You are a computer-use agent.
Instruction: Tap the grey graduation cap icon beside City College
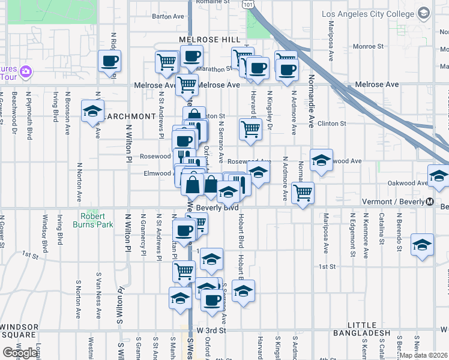coord(424,13)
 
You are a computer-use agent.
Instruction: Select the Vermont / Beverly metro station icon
coord(430,202)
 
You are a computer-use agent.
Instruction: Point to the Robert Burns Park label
coord(92,220)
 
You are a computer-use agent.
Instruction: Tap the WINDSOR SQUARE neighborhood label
coord(19,331)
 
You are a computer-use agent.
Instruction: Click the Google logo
coord(20,353)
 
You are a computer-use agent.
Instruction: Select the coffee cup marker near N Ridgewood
coord(109,61)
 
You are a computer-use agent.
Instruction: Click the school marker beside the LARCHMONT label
coord(92,111)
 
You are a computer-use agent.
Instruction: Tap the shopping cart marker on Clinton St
coord(250,128)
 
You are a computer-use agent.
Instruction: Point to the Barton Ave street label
coord(167,17)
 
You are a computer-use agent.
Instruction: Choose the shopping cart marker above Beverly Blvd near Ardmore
coord(303,193)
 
